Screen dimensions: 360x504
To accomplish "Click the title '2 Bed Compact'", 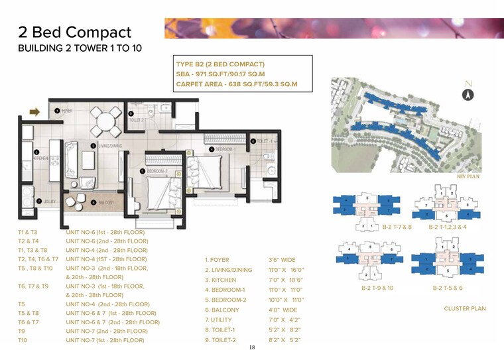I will pyautogui.click(x=74, y=32).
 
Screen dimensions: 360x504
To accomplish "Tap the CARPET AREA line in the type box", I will pyautogui.click(x=236, y=84).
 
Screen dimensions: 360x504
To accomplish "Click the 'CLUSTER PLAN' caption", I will pyautogui.click(x=465, y=308).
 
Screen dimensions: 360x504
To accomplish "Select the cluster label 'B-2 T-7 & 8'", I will pyautogui.click(x=397, y=227).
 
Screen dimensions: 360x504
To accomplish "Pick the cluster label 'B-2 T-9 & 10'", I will pyautogui.click(x=377, y=288).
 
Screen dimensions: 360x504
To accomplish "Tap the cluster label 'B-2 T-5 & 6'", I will pyautogui.click(x=448, y=288).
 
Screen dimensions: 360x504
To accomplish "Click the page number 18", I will pyautogui.click(x=251, y=347).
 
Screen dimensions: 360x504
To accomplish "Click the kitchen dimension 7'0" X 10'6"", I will pyautogui.click(x=286, y=280).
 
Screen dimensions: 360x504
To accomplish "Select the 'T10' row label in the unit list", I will pyautogui.click(x=24, y=340).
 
